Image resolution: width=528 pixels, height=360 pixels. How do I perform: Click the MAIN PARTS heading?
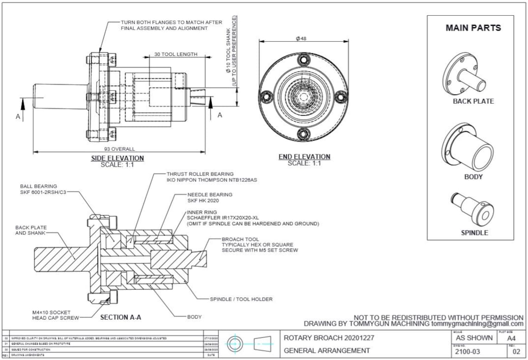point(473,28)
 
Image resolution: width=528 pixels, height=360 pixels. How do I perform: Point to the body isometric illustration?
point(467,148)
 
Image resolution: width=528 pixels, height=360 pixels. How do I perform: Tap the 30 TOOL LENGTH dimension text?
point(176,54)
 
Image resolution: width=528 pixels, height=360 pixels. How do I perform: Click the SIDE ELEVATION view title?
point(117,158)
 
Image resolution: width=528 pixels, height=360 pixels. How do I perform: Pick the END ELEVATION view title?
point(304,157)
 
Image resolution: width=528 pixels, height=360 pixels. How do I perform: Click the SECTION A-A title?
point(120,317)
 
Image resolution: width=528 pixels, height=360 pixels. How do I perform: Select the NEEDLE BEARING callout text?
point(209,195)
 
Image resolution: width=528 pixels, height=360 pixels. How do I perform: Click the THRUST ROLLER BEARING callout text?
point(200,174)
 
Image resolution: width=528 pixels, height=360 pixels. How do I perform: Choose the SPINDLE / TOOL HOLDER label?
point(241,299)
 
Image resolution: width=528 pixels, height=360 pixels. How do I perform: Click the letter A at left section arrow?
point(19,117)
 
